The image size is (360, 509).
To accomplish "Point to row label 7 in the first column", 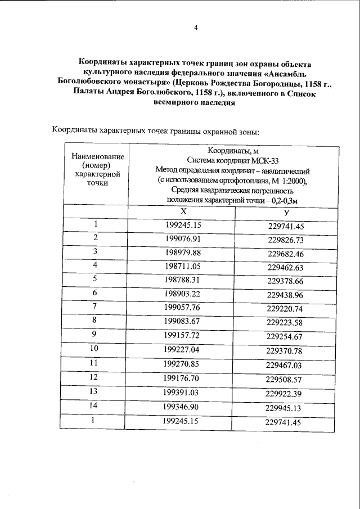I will (96, 307).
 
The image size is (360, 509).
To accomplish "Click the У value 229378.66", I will (286, 280).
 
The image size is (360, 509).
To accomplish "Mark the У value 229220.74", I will (286, 308).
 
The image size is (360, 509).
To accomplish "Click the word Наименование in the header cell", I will (96, 156).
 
